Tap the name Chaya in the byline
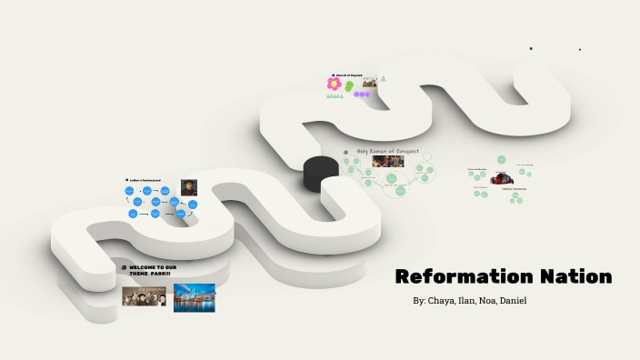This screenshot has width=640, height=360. pyautogui.click(x=444, y=301)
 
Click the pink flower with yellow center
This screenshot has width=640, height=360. pyautogui.click(x=335, y=84)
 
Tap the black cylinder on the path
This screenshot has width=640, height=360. pyautogui.click(x=320, y=173)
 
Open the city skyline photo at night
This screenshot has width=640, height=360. pyautogui.click(x=195, y=297)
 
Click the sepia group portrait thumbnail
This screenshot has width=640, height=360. pyautogui.click(x=145, y=296)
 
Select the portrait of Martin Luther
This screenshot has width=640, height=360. pyautogui.click(x=188, y=187)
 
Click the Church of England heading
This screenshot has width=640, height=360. pyautogui.click(x=349, y=75)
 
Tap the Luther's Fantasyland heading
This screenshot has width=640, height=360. pyautogui.click(x=147, y=180)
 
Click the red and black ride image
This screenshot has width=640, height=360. pyautogui.click(x=499, y=179)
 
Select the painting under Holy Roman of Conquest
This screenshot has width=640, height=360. pyautogui.click(x=388, y=162)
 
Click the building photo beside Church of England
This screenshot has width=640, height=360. pyautogui.click(x=370, y=82)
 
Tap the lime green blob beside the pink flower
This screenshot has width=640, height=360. pyautogui.click(x=349, y=85)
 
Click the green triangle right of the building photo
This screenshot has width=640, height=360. pyautogui.click(x=384, y=79)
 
